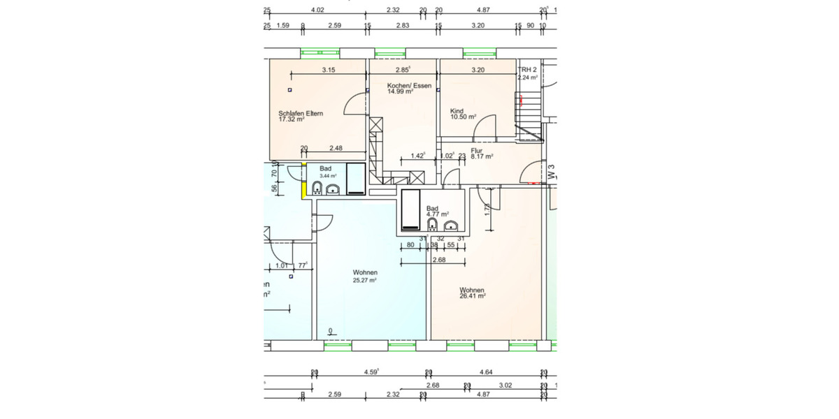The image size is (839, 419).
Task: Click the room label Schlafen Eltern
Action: [x=301, y=113]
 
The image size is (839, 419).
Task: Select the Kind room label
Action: [x=457, y=111]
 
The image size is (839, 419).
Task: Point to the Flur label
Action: [x=478, y=150]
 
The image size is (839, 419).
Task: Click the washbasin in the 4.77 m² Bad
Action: [x=452, y=225]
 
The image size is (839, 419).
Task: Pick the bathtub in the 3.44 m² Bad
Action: [x=355, y=179]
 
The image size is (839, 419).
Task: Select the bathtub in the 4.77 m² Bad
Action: [x=410, y=209]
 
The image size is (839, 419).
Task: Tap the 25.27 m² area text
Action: [x=365, y=280]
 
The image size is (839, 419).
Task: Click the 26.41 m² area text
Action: [x=472, y=296]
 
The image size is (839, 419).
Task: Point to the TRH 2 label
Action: [x=527, y=71]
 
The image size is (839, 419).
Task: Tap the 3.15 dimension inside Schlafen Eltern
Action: [x=329, y=70]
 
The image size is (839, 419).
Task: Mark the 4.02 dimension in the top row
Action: [x=317, y=10]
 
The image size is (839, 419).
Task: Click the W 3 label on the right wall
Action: [x=551, y=172]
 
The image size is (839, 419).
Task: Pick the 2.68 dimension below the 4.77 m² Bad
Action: [x=439, y=260]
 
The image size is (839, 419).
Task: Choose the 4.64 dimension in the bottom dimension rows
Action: [x=487, y=373]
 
